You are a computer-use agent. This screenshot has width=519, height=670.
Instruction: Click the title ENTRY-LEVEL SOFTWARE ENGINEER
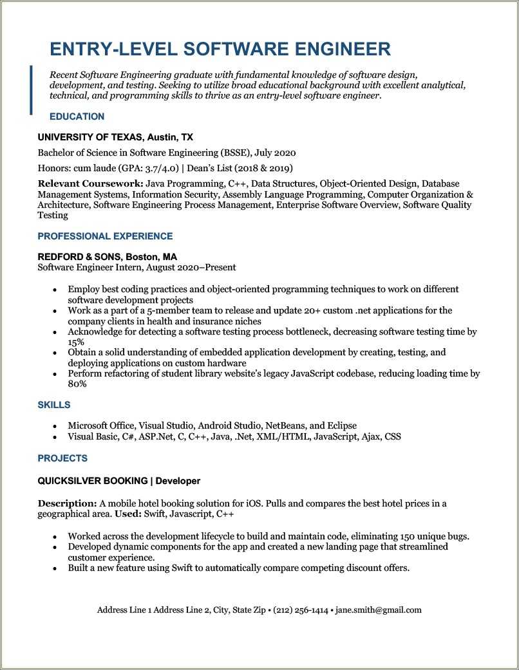(220, 49)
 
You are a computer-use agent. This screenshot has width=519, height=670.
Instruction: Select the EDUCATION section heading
(77, 116)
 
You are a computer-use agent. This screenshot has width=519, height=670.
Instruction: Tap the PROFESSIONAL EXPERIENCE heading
(105, 236)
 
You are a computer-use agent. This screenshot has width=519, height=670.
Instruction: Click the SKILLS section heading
(54, 405)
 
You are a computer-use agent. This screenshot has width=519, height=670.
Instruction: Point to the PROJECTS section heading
(62, 458)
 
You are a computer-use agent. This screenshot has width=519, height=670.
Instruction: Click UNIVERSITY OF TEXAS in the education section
(90, 137)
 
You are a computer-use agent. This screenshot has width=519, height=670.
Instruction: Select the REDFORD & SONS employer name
(80, 256)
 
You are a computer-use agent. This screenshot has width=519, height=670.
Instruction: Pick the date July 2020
(275, 153)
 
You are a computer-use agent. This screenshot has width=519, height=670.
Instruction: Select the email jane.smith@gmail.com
(378, 610)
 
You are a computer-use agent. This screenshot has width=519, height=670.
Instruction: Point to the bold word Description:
(67, 503)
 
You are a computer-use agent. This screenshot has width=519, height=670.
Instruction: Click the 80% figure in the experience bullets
(77, 384)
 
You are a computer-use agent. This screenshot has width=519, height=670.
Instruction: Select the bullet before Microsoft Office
(54, 427)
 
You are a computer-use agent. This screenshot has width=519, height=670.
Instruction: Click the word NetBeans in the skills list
(283, 426)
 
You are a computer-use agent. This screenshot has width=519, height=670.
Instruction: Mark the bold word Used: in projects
(127, 514)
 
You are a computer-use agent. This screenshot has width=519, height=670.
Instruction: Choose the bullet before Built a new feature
(54, 569)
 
